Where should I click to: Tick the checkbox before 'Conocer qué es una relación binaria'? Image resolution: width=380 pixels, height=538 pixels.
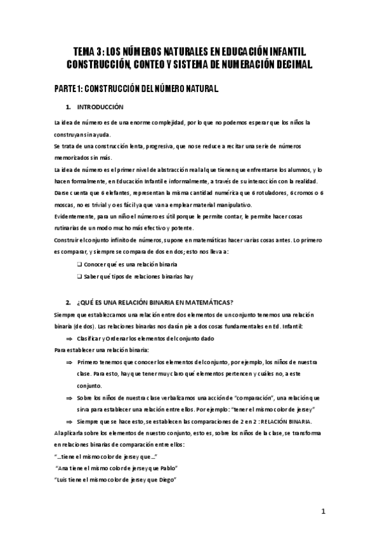click(79, 263)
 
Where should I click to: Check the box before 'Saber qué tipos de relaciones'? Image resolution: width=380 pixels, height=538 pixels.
click(79, 277)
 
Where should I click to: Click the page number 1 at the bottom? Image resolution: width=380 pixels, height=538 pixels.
click(323, 511)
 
